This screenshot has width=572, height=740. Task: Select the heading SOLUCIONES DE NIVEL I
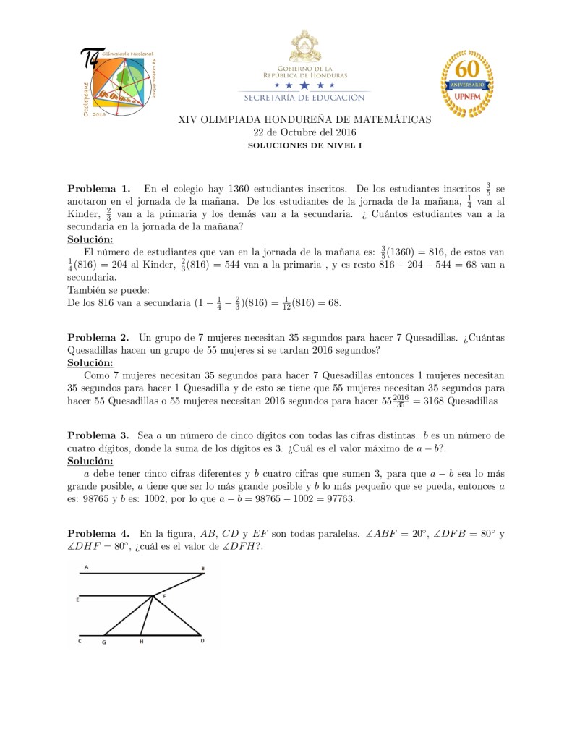click(304, 145)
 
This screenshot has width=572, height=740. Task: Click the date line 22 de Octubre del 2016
click(304, 132)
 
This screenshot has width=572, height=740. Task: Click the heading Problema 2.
click(98, 337)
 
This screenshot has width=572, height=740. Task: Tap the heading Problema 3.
click(98, 435)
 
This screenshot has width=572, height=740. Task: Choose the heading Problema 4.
click(98, 534)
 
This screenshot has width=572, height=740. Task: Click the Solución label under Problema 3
click(90, 461)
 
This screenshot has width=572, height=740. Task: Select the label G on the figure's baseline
click(104, 642)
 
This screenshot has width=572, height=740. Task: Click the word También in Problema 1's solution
click(85, 290)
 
